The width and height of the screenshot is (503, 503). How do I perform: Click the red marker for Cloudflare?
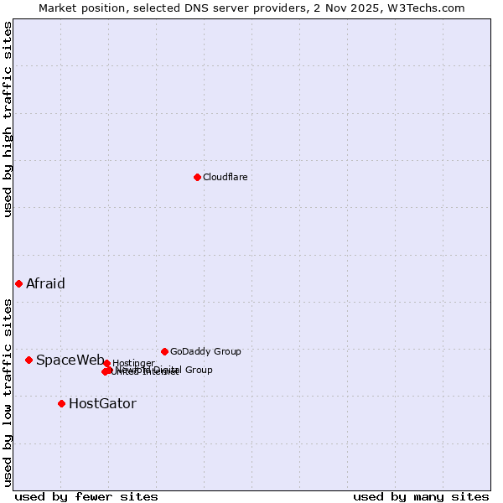[x=197, y=177]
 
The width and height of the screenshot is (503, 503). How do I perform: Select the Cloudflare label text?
[x=225, y=177]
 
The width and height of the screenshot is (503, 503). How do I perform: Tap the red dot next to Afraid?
[x=18, y=283]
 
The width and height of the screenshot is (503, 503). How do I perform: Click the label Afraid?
[x=45, y=283]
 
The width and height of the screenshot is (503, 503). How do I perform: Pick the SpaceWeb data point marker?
[x=29, y=360]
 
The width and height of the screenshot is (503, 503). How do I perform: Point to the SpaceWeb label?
[x=70, y=360]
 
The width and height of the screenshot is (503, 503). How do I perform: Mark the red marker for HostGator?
[x=61, y=403]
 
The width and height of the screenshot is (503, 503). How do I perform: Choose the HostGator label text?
[x=102, y=403]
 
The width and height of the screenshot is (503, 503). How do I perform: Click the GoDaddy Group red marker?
[x=164, y=351]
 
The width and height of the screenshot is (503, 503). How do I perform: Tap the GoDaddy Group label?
[x=205, y=351]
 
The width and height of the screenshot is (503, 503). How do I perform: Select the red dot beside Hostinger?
[x=106, y=363]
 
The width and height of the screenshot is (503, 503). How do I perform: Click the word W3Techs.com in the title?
[x=428, y=8]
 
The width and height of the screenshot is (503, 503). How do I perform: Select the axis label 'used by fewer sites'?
[x=86, y=496]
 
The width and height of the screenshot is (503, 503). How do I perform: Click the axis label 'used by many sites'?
[x=421, y=496]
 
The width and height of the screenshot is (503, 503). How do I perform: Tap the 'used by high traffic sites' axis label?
[x=8, y=119]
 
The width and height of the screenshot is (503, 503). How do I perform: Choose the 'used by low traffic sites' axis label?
[x=8, y=392]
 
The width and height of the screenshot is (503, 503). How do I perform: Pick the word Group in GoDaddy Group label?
[x=226, y=351]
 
